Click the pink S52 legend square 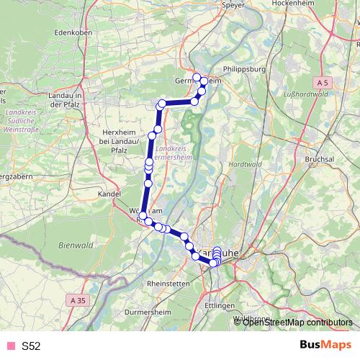10,346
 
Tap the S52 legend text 31,346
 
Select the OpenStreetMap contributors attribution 297,322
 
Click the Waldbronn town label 253,317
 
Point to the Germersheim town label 189,81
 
